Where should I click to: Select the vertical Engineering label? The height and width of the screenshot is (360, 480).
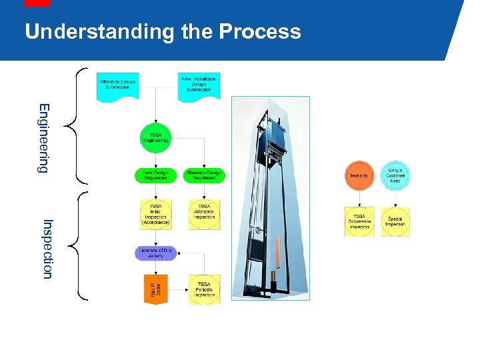(x=43, y=138)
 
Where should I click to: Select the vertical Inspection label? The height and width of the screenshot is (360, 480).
(x=47, y=248)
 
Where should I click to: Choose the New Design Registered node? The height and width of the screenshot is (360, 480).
(x=155, y=175)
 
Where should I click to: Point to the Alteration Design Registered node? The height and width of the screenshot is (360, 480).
(x=205, y=175)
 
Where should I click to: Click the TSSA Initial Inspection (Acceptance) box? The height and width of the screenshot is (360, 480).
(x=155, y=214)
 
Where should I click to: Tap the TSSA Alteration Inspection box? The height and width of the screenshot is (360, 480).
(x=204, y=214)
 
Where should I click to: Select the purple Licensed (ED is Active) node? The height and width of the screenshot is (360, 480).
(x=155, y=253)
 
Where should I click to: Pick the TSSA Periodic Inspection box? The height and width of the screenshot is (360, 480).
(x=204, y=289)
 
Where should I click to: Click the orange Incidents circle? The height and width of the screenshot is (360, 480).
(x=359, y=175)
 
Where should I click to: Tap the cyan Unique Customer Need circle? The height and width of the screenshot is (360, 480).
(x=395, y=175)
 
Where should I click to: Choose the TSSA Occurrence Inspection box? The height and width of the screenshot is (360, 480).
(x=359, y=221)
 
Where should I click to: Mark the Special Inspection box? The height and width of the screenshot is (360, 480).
(x=395, y=221)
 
